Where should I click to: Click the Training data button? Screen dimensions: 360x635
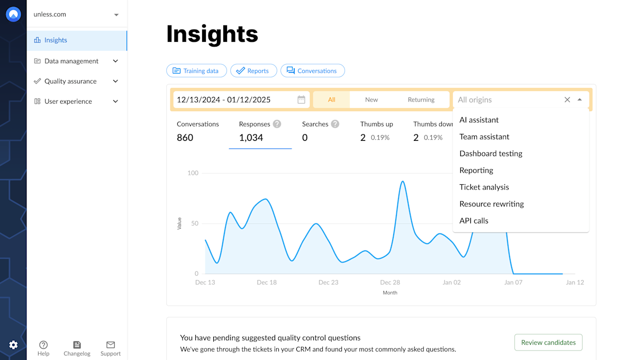click(x=196, y=71)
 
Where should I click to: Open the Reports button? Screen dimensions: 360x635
click(x=253, y=71)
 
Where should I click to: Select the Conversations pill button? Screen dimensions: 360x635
click(x=312, y=71)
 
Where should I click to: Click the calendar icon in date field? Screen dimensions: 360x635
click(x=301, y=100)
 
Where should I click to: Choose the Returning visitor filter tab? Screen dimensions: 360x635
click(x=421, y=100)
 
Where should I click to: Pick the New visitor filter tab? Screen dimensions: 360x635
click(x=371, y=100)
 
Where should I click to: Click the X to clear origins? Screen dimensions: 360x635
click(x=567, y=100)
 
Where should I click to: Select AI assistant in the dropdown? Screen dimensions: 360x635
click(x=479, y=120)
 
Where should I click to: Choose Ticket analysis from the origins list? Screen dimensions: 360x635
click(x=484, y=187)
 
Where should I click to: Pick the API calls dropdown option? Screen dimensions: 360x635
click(x=474, y=221)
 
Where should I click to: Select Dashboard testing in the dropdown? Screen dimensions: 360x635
click(x=491, y=154)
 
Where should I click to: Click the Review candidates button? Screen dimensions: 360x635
click(x=548, y=343)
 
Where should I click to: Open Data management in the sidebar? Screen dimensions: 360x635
click(x=71, y=61)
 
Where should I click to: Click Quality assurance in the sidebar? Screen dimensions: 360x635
click(x=70, y=81)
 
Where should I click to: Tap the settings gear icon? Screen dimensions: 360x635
click(x=13, y=345)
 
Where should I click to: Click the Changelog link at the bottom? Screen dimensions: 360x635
click(x=77, y=348)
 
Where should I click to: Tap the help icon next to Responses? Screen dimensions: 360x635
click(x=277, y=124)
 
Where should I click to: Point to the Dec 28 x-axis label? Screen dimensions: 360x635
click(x=390, y=282)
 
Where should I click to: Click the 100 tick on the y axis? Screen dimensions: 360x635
click(x=193, y=173)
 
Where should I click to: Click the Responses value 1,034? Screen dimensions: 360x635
click(x=251, y=138)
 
